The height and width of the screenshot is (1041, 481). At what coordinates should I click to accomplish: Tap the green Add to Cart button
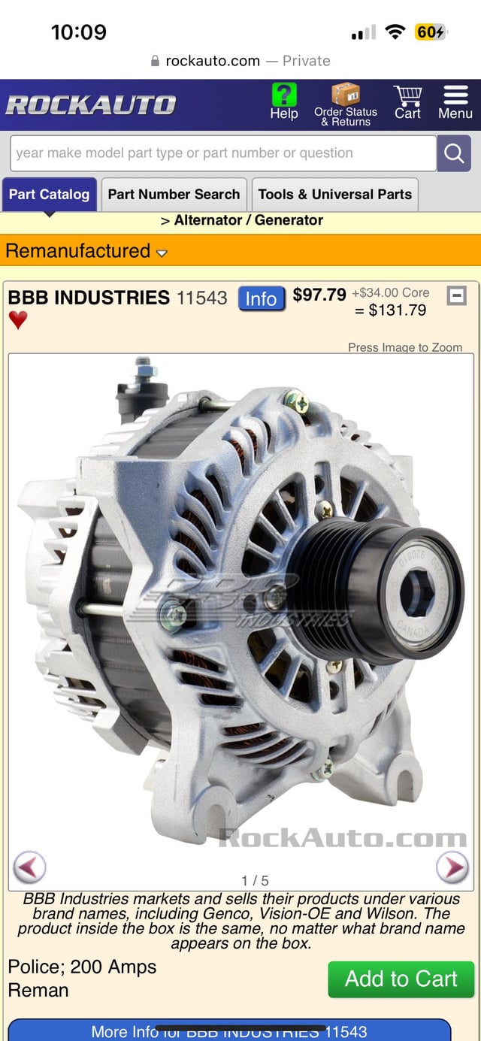[x=401, y=979]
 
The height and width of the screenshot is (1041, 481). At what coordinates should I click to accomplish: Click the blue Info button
[x=262, y=298]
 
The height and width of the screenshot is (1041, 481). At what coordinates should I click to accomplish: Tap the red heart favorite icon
[x=18, y=320]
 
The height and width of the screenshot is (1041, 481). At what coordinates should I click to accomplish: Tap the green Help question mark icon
[x=284, y=95]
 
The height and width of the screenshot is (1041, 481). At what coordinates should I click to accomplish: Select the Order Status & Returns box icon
[x=346, y=95]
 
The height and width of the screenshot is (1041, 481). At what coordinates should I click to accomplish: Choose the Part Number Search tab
[x=174, y=194]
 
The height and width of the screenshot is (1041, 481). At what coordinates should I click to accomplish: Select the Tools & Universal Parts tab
[x=335, y=194]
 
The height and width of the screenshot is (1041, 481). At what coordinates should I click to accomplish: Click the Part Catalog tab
[x=49, y=194]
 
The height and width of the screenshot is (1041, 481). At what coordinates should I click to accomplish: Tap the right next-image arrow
[x=452, y=867]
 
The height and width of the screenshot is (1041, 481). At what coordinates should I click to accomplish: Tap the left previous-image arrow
[x=29, y=867]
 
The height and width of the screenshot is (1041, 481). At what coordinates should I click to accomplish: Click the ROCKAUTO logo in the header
[x=90, y=105]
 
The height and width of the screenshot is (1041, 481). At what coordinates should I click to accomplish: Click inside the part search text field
[x=222, y=153]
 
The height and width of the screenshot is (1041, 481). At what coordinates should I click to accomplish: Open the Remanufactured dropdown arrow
[x=162, y=253]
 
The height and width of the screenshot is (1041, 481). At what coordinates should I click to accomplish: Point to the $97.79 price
[x=319, y=295]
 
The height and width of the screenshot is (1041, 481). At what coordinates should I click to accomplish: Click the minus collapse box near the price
[x=456, y=295]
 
